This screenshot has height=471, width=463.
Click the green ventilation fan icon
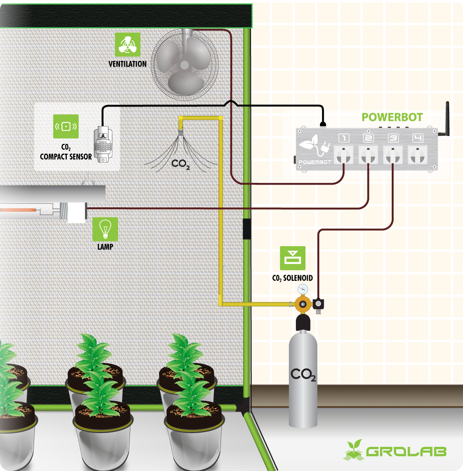pyautogui.click(x=128, y=44)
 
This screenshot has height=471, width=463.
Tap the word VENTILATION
pyautogui.click(x=128, y=64)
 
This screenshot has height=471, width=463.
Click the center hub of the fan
pyautogui.click(x=184, y=64)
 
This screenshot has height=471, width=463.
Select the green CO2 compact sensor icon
pyautogui.click(x=66, y=126)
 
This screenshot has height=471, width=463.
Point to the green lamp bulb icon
pyautogui.click(x=105, y=229)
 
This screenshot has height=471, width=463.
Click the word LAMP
pyautogui.click(x=105, y=247)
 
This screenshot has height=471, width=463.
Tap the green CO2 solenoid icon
pyautogui.click(x=292, y=258)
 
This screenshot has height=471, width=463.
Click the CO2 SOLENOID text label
pyautogui.click(x=292, y=278)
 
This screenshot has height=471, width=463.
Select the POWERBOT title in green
pyautogui.click(x=392, y=117)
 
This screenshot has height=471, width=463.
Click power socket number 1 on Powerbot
pyautogui.click(x=343, y=155)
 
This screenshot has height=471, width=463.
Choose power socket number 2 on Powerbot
pyautogui.click(x=368, y=155)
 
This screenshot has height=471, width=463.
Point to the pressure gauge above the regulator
pyautogui.click(x=303, y=289)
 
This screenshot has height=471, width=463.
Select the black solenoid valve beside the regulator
pyautogui.click(x=318, y=304)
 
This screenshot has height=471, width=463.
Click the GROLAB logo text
pyautogui.click(x=406, y=451)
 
